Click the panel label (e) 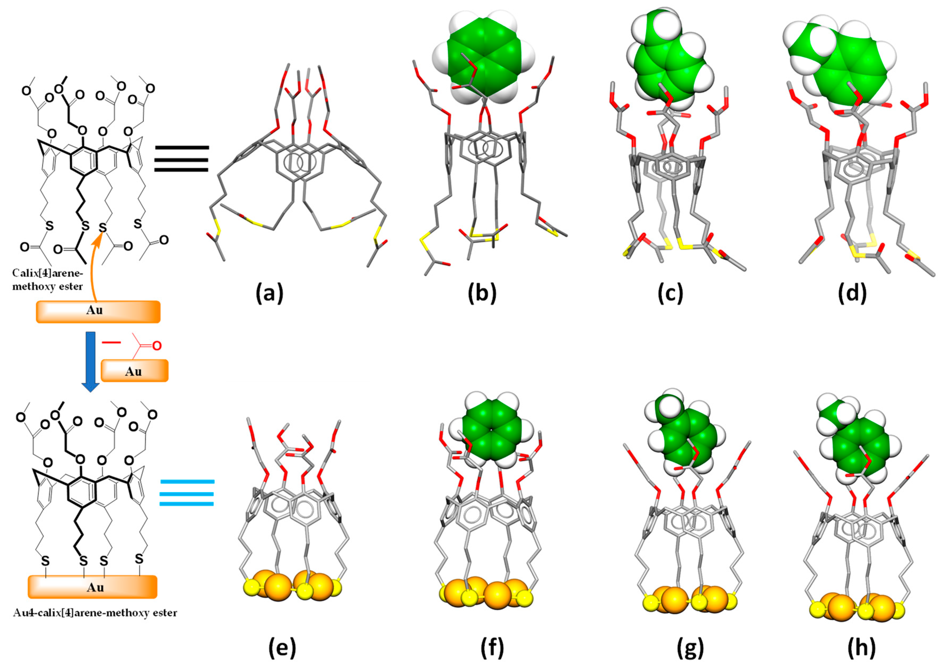[x=282, y=648]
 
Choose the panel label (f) [x=492, y=648]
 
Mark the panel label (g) [x=690, y=648]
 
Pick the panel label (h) [x=861, y=648]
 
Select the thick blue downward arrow [x=90, y=361]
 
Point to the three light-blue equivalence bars [x=187, y=492]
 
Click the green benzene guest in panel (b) [x=484, y=57]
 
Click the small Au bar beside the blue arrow [x=134, y=371]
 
